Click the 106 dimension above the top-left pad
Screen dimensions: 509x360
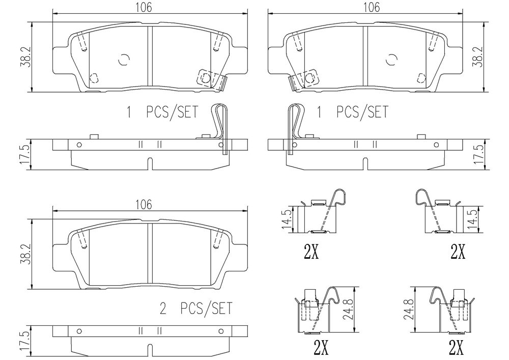(x=144, y=7)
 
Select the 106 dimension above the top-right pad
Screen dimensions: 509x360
(x=372, y=7)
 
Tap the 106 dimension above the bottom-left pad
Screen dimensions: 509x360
(x=144, y=205)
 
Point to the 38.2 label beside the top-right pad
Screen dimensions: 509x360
(x=477, y=57)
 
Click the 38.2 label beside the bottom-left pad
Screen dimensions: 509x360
(x=26, y=254)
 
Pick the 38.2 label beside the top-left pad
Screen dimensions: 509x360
(x=26, y=57)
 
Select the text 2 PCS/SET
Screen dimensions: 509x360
(x=196, y=309)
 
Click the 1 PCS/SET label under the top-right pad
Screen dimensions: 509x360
(x=352, y=113)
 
